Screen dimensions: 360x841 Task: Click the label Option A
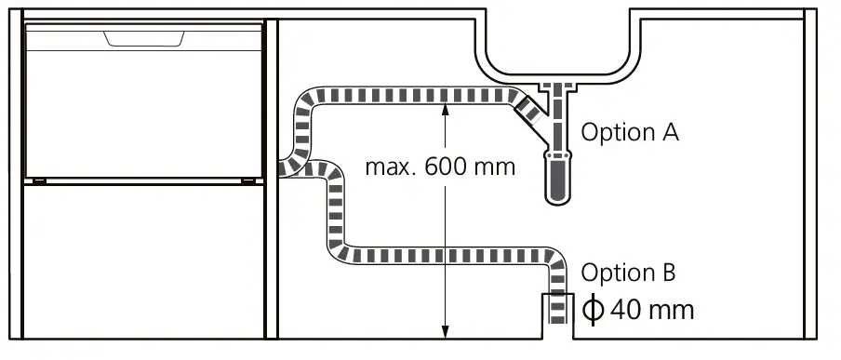[x=629, y=132]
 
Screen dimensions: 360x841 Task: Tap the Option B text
[x=628, y=273]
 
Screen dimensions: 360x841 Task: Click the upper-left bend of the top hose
[x=307, y=100]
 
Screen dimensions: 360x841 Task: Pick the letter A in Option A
[x=670, y=132]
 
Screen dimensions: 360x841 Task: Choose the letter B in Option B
[x=668, y=273]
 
